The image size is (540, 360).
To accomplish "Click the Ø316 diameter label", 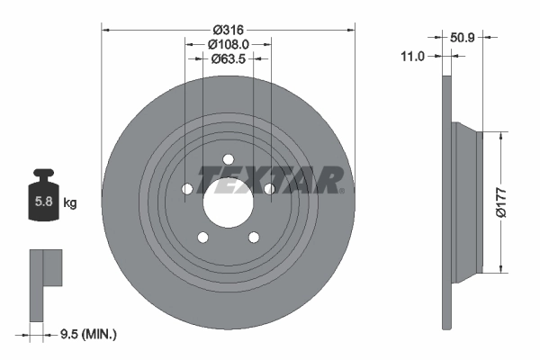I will pos(228,30).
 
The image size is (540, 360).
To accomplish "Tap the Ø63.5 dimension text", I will pos(228,59).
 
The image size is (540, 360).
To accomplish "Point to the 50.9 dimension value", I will pos(463,38).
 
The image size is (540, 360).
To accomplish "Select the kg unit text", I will pos(70,203).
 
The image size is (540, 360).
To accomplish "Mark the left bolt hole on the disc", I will pos(187,189).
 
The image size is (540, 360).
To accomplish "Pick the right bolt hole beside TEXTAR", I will pos(268,188).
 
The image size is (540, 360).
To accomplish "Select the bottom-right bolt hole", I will pos(253,237).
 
